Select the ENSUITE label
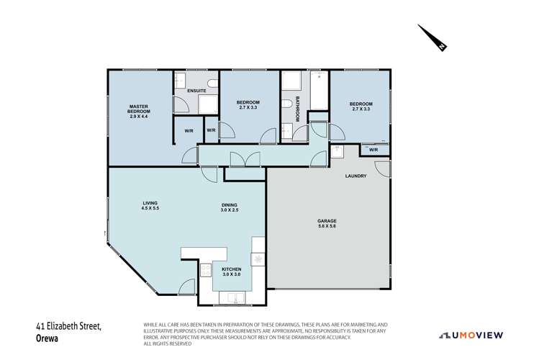(196, 91)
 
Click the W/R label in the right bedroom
(373, 150)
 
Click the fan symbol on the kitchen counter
(256, 258)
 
